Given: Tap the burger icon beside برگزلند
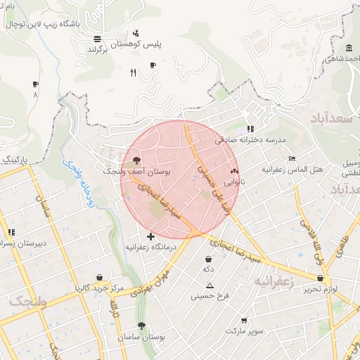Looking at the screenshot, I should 96,39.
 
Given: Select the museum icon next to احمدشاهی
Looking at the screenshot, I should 349,48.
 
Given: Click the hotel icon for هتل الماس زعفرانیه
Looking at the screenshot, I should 292,157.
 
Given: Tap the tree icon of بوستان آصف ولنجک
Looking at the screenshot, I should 136,160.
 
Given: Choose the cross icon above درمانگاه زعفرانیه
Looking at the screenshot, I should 150,236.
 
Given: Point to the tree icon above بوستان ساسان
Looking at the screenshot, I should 142,326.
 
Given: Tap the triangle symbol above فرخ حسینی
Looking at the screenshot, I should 210,285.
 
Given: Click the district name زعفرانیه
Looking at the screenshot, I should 274,282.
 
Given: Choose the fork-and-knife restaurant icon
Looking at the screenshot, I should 133,72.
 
